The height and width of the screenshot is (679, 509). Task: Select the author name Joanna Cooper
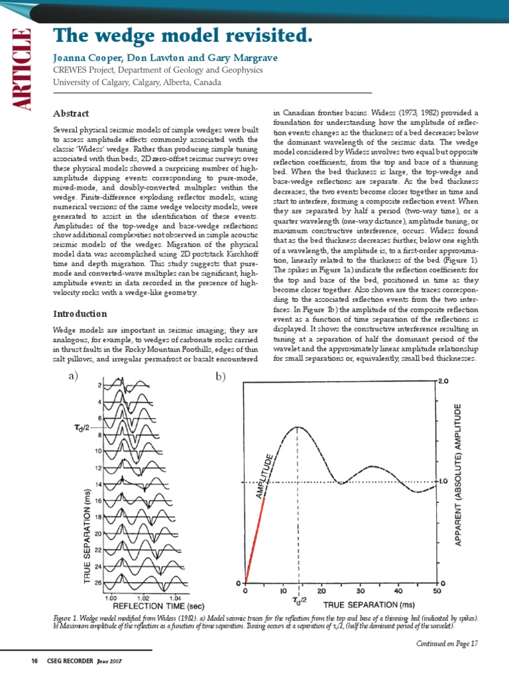click(x=85, y=58)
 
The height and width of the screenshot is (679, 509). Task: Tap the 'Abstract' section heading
click(x=71, y=113)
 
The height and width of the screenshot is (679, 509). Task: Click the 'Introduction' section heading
click(x=80, y=313)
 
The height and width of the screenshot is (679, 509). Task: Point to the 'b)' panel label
click(x=220, y=377)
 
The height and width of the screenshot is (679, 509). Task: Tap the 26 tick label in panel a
click(x=98, y=583)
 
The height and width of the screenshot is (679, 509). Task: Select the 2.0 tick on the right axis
click(x=443, y=382)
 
